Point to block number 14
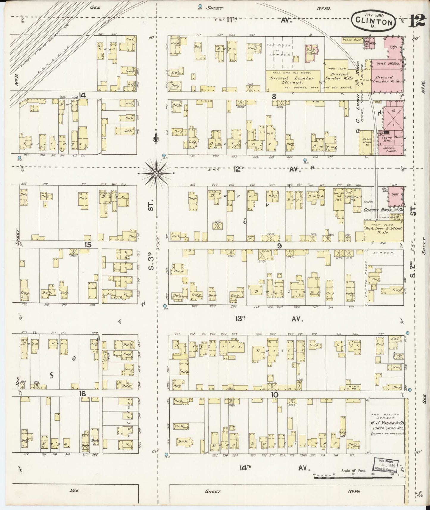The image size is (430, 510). click(82, 95)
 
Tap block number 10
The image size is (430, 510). click(274, 395)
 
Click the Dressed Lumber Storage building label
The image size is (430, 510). click(293, 80)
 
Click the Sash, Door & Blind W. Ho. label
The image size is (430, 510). click(384, 230)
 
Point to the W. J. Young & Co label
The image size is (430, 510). click(387, 423)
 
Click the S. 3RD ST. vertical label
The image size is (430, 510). click(151, 262)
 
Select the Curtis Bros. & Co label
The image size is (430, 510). click(383, 210)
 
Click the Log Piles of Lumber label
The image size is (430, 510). click(279, 50)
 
